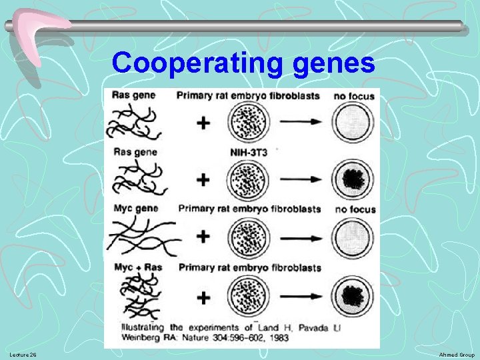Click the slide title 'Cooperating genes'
click(243, 63)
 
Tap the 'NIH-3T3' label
click(249, 151)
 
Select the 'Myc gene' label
click(135, 209)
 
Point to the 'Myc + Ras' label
click(137, 267)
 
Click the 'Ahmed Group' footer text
click(457, 354)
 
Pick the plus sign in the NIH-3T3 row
click(203, 179)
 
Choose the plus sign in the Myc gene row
click(203, 237)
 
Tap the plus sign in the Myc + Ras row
click(203, 296)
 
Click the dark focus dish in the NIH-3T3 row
click(353, 179)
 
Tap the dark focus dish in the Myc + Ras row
click(353, 296)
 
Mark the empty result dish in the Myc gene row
click(353, 237)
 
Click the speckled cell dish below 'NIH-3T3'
click(249, 179)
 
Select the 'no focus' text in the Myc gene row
click(355, 209)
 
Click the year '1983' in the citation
click(279, 339)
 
